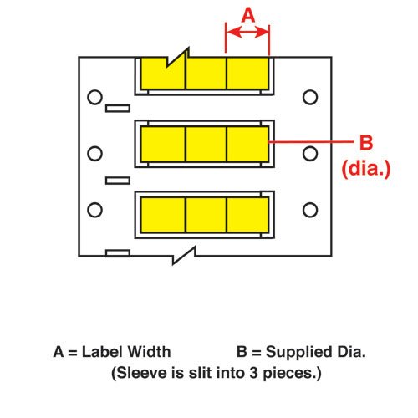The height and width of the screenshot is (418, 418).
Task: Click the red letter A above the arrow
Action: point(248,15)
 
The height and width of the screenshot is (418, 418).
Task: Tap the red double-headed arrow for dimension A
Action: point(247,33)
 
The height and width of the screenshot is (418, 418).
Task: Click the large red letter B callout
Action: point(366,142)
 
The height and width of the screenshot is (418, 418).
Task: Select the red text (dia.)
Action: point(366,168)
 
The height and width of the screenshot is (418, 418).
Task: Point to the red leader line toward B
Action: point(311,142)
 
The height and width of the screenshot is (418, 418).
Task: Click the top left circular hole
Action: point(94,97)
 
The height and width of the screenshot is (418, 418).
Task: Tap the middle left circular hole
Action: point(94,154)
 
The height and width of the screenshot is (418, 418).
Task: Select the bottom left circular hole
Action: point(94,210)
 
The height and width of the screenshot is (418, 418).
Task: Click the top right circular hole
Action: point(310,97)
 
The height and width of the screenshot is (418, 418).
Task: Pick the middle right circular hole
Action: point(310,154)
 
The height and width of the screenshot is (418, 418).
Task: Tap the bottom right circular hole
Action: point(310,210)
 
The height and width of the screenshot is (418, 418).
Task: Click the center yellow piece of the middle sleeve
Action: point(206,144)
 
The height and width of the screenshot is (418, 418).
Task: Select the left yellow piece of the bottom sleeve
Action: point(163,215)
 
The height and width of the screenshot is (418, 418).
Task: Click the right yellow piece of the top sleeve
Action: point(247,74)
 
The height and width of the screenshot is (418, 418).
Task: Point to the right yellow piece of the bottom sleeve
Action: point(247,215)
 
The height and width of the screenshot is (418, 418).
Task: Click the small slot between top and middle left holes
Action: point(118,109)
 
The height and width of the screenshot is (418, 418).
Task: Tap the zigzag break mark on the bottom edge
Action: point(184,255)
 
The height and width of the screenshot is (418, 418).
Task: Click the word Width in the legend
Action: point(149,352)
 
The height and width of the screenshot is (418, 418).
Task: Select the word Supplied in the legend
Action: point(299,353)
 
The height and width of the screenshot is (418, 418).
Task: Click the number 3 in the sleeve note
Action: point(253,373)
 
